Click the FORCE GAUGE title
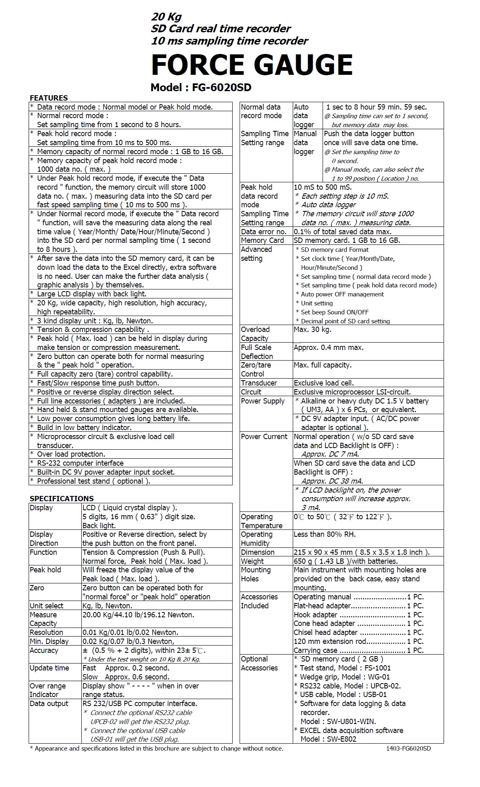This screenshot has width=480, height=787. [251, 65]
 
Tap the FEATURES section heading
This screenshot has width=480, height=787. [49, 98]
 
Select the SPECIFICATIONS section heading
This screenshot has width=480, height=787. [61, 498]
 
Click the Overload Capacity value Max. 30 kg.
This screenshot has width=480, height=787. [312, 330]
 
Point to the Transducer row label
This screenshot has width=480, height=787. [259, 383]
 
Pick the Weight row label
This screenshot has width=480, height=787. [252, 561]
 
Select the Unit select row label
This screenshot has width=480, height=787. [47, 606]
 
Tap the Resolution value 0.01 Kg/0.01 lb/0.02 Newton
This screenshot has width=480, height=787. [130, 632]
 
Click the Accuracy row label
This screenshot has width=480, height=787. [44, 650]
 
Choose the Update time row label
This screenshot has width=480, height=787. [49, 668]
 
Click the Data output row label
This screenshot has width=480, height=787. [49, 704]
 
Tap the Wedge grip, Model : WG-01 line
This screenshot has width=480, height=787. [342, 677]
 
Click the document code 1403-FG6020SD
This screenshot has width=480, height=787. [408, 749]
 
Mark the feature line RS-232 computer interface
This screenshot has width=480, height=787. [80, 463]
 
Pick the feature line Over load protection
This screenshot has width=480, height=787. [71, 454]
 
